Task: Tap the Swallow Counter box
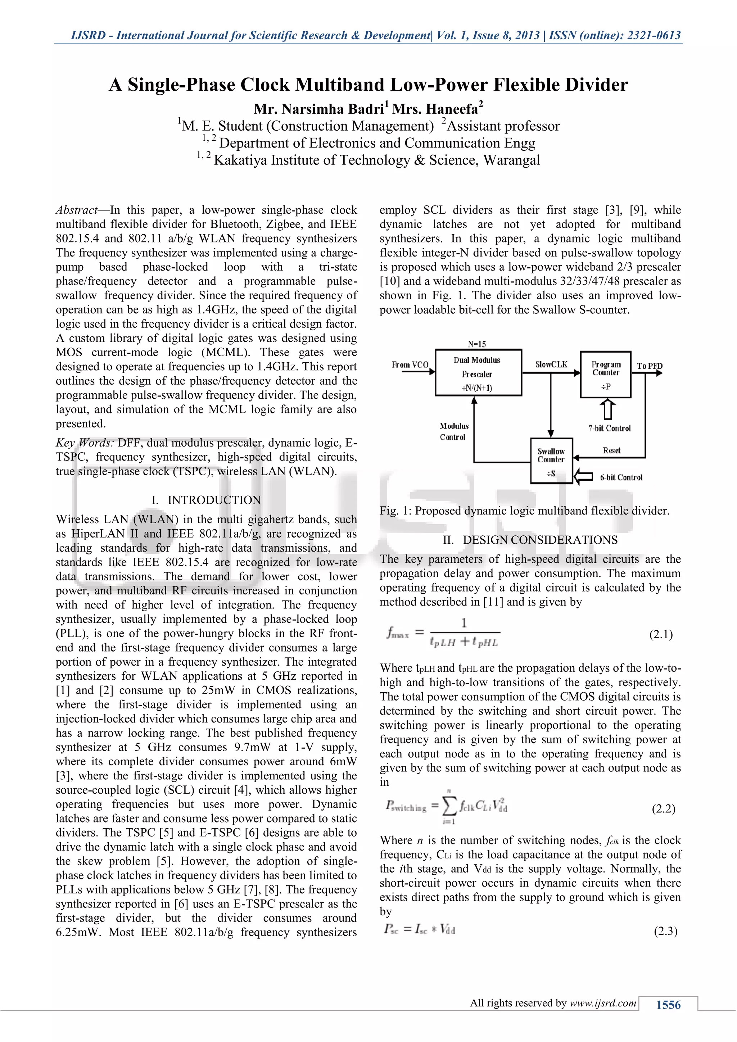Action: pyautogui.click(x=551, y=461)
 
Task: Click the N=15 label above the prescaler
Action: pyautogui.click(x=476, y=344)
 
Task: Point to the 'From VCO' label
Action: pyautogui.click(x=410, y=365)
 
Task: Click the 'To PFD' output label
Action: pyautogui.click(x=650, y=366)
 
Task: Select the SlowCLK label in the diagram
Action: pyautogui.click(x=551, y=364)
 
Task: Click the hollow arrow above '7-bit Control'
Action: pyautogui.click(x=608, y=409)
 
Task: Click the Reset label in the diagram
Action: pyautogui.click(x=611, y=450)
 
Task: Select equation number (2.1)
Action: pyautogui.click(x=661, y=634)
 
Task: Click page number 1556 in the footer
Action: pyautogui.click(x=668, y=1005)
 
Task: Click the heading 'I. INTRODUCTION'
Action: pyautogui.click(x=206, y=500)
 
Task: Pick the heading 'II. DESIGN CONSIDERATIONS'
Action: pyautogui.click(x=530, y=540)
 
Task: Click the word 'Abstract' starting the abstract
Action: pyautogui.click(x=77, y=210)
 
